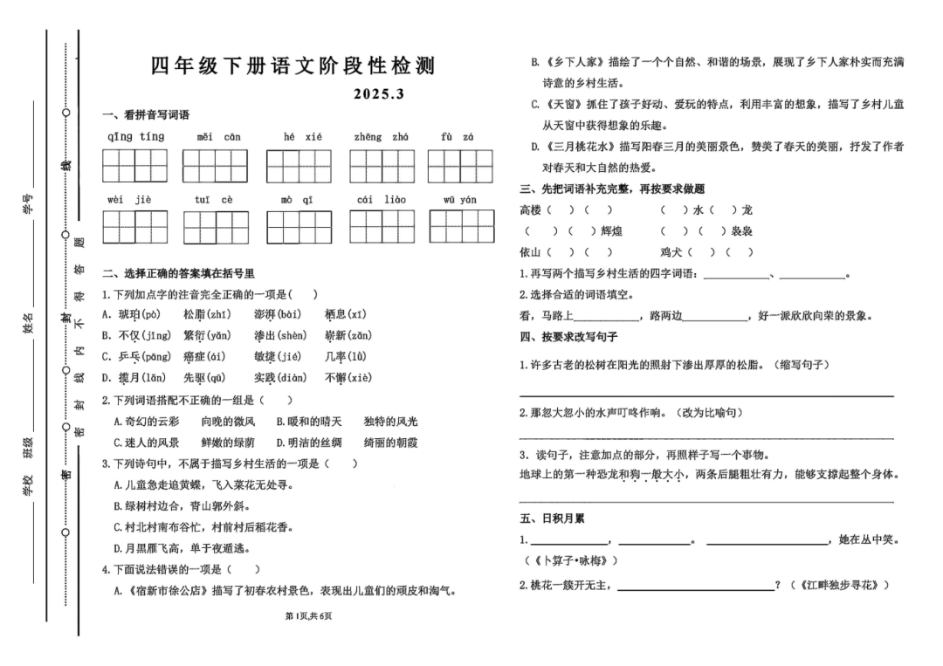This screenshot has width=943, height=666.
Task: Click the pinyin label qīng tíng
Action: [135, 137]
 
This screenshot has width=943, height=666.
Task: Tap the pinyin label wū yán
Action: [459, 200]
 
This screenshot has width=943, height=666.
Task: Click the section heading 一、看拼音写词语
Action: [146, 115]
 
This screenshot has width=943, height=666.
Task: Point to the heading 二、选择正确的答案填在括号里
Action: [178, 273]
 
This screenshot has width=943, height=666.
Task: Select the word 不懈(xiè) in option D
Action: [348, 378]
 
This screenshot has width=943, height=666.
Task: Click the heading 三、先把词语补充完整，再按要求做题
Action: [611, 189]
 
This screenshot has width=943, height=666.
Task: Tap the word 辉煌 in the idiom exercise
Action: [612, 231]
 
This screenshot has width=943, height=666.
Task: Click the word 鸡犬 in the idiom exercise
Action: [671, 252]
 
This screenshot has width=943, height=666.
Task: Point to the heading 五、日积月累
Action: [552, 518]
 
